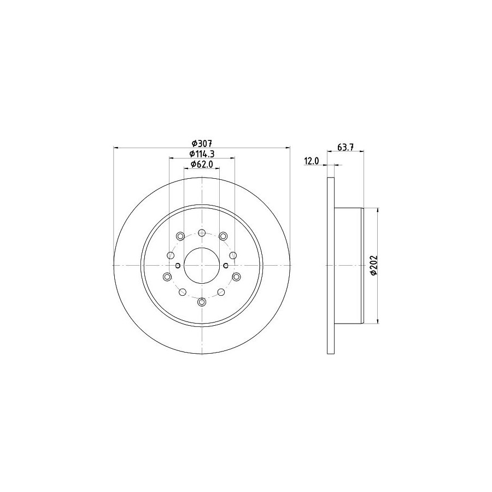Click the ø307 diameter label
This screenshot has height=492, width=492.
point(202,143)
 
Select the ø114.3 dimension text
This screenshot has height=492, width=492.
point(202,154)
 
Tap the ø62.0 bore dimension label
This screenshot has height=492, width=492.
point(202,164)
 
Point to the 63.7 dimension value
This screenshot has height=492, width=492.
point(345,147)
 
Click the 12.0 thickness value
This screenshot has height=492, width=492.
point(311,161)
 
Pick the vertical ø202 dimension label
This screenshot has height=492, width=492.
point(373,266)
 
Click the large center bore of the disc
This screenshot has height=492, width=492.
point(202,266)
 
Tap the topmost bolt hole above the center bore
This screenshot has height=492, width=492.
point(202,233)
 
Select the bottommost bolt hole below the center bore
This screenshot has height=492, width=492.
point(202,302)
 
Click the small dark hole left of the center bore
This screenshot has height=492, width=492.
point(178,266)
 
